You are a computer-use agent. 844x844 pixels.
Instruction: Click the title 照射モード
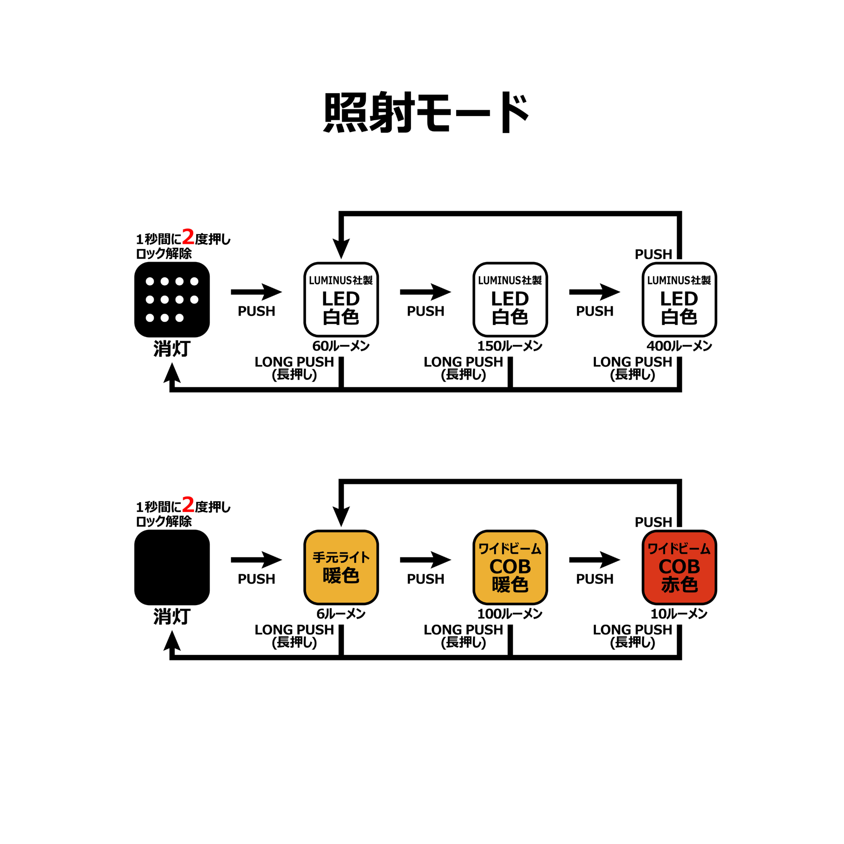[426, 112]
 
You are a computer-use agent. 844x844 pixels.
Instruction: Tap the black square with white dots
[172, 300]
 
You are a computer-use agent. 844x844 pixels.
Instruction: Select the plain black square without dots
[172, 567]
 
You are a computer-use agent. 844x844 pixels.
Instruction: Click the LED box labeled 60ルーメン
[341, 300]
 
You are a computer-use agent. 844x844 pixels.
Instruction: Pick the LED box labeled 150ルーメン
[510, 300]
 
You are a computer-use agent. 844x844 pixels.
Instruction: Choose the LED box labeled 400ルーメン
[679, 300]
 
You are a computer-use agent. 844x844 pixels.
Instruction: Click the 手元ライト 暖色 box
[341, 567]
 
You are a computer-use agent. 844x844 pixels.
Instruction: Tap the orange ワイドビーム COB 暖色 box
[510, 567]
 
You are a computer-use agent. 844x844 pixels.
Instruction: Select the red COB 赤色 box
[679, 567]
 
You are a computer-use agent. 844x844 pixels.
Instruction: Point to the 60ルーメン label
[341, 346]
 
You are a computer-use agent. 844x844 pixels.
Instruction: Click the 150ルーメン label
[510, 346]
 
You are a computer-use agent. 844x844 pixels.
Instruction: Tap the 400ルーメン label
[679, 346]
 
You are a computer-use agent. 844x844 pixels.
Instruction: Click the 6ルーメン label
[341, 614]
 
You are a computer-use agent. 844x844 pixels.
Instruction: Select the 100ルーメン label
[510, 614]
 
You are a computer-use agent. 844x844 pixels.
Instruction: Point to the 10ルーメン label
[679, 614]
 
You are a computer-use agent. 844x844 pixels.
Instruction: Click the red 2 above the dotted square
[188, 237]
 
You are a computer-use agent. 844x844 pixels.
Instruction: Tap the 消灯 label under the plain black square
[172, 617]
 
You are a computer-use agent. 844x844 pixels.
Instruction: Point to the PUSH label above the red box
[653, 522]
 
